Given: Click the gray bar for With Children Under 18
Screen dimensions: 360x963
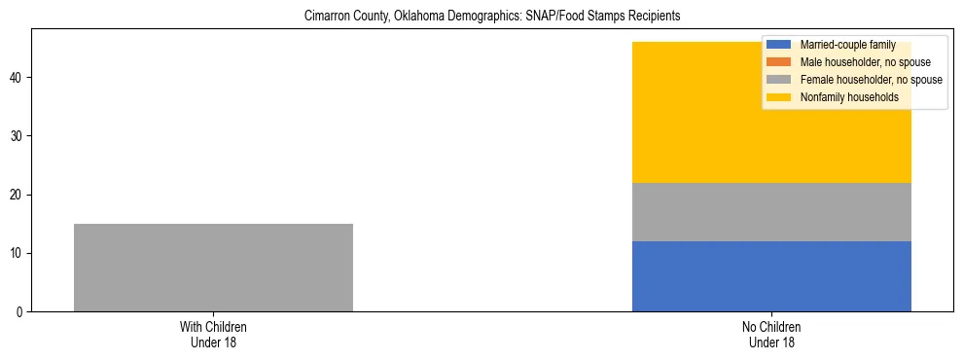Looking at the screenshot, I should click(213, 268).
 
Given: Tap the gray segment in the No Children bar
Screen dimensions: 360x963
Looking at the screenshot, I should click(771, 212).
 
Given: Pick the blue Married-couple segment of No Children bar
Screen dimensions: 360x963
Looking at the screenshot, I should click(771, 276).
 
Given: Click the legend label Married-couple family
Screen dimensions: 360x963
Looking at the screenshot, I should click(847, 45).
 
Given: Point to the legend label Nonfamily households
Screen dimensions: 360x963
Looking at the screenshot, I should click(849, 97).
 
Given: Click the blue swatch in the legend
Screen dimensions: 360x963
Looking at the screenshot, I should click(780, 45).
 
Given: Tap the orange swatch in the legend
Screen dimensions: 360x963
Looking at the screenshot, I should click(780, 62).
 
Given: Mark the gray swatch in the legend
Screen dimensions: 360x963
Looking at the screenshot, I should click(780, 80).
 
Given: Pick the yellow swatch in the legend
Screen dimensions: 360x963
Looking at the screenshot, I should click(780, 97).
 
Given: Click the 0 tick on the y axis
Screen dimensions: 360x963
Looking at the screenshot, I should click(20, 312).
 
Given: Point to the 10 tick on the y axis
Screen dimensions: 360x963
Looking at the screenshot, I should click(18, 254).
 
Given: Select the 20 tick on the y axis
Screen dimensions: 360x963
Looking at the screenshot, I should click(18, 195).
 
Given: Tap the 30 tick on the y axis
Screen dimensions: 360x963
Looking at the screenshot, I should click(18, 136).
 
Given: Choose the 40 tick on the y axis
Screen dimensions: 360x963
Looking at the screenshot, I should click(18, 78).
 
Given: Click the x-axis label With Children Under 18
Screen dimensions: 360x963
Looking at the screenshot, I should click(213, 335).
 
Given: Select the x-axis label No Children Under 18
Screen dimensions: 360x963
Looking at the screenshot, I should click(771, 335).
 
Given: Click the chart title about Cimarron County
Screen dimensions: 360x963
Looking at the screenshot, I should click(492, 17).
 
